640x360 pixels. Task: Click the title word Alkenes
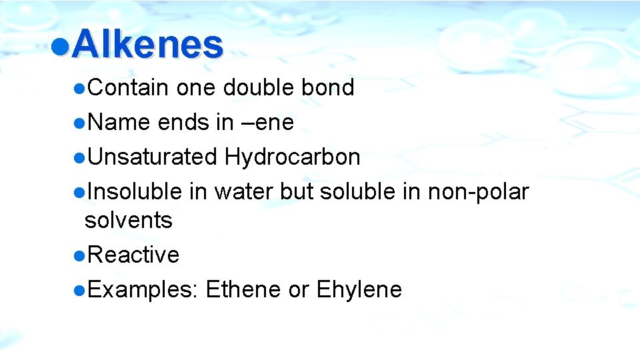147,45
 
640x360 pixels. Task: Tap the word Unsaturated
153,157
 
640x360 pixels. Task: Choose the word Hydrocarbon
293,157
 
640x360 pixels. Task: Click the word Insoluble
135,192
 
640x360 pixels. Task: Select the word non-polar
478,192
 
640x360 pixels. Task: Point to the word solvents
129,220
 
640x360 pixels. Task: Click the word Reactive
133,255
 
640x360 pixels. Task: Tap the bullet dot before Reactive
79,255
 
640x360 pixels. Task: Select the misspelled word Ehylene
359,290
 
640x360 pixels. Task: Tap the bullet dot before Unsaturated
79,158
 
